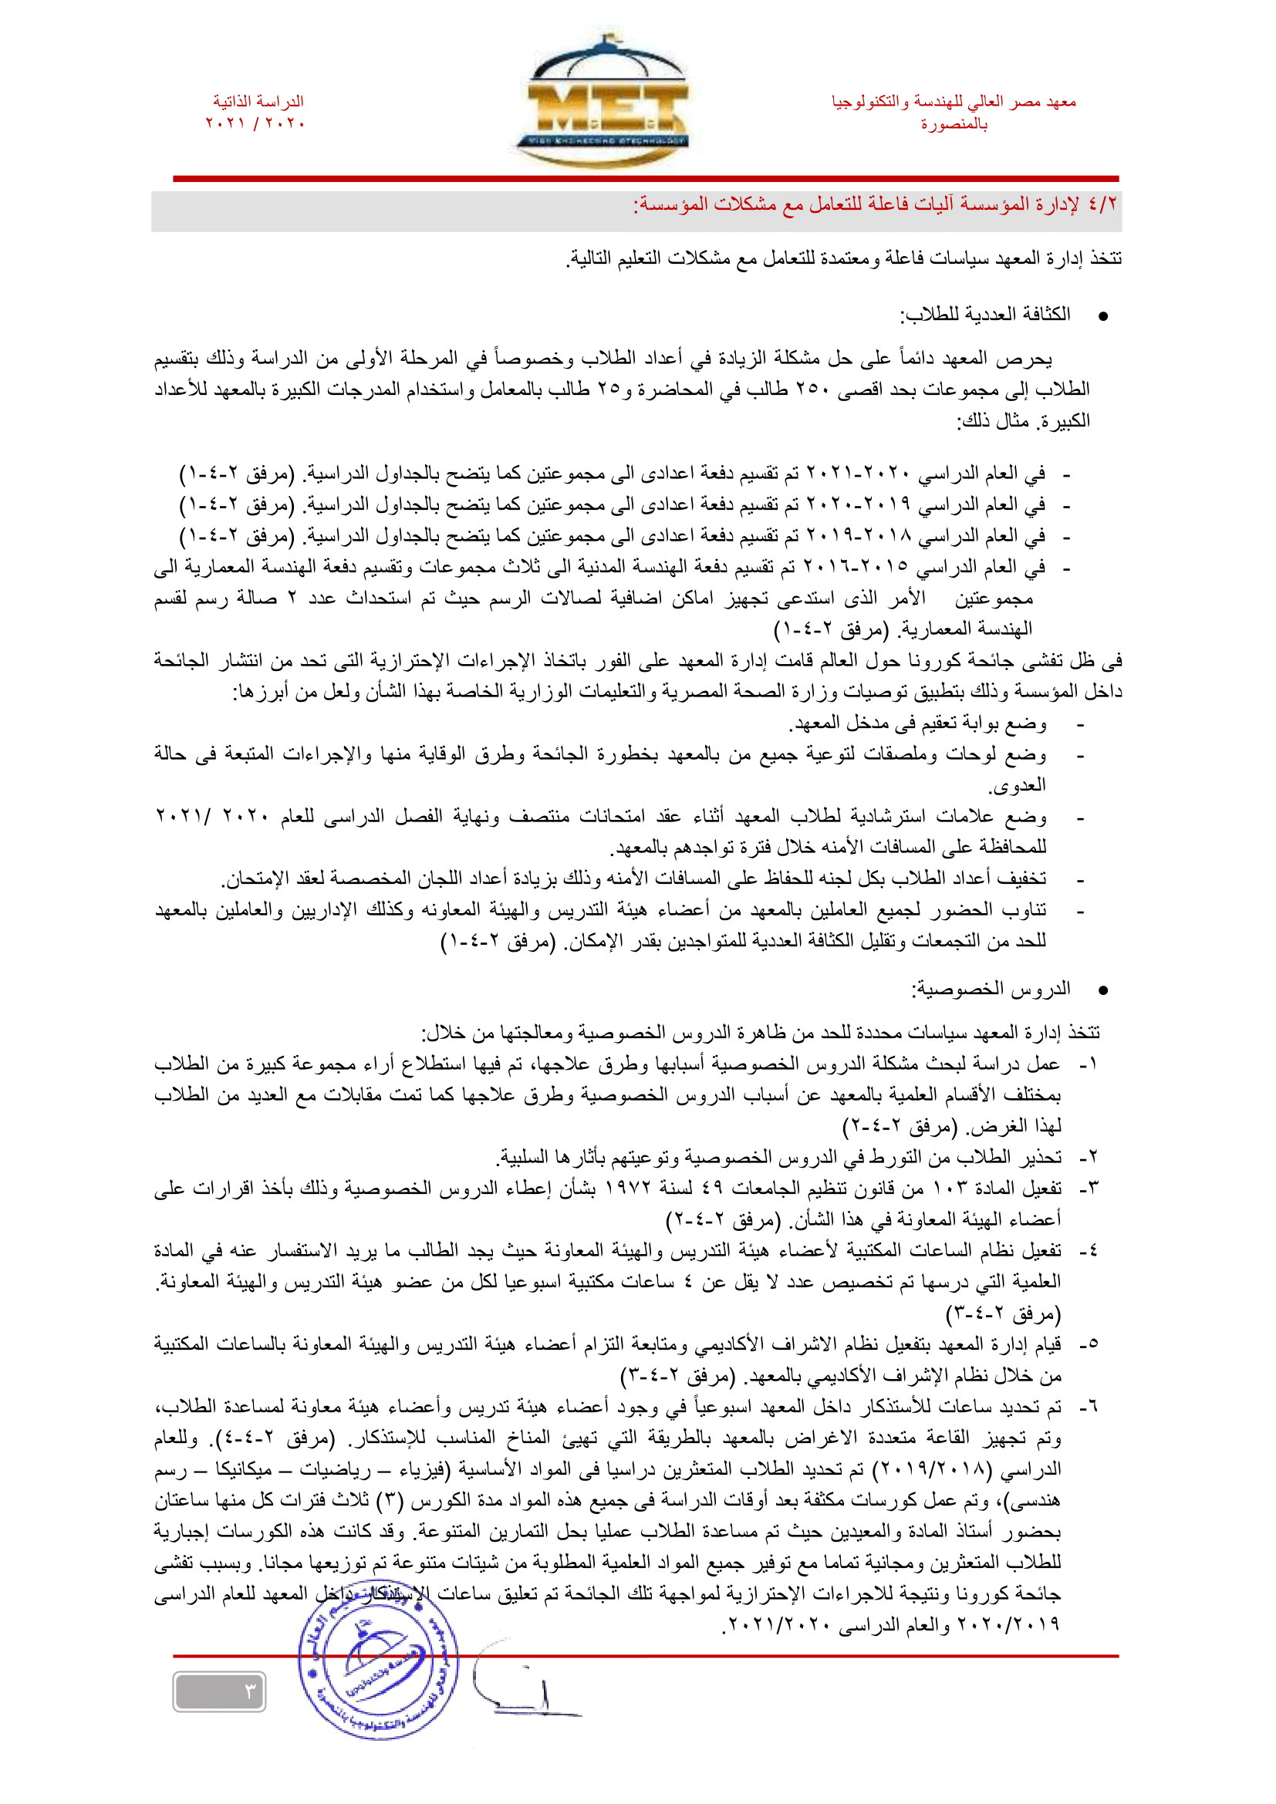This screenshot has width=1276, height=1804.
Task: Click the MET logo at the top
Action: coord(603,102)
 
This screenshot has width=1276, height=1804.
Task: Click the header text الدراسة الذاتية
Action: coord(258,101)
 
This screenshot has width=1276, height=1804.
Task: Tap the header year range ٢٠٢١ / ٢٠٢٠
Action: coord(255,123)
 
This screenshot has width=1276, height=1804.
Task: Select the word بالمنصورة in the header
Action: coord(954,124)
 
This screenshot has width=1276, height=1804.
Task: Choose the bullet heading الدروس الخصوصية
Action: coord(991,990)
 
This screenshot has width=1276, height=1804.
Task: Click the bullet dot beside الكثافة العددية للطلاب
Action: coord(1102,317)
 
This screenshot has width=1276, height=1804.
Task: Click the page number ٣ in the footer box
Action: coord(251,1691)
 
